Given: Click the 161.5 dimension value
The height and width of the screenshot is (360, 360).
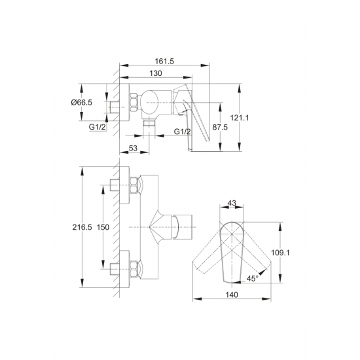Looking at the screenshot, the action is point(164,62).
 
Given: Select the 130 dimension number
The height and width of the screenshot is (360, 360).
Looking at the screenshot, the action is point(156,73).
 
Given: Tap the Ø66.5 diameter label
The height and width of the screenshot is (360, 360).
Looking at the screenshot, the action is point(82,102).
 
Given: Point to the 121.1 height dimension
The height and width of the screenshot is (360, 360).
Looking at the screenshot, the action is point(240,118).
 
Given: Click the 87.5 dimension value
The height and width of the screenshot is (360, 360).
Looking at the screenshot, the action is point(220,127).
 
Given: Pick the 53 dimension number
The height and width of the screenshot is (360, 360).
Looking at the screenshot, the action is point(133,149).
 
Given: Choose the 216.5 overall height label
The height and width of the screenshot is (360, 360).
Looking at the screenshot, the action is point(82,227).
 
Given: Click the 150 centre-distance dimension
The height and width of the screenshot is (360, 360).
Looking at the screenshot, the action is point(103,227).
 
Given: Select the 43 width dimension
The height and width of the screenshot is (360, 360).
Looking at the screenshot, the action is point(232,203).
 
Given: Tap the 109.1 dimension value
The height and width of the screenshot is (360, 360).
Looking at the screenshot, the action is point(280,253).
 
